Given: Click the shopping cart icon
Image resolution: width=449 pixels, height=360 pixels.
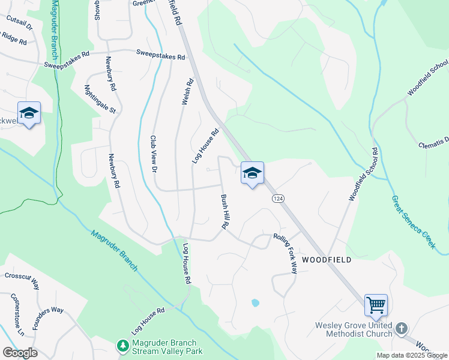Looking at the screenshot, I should (x=376, y=305).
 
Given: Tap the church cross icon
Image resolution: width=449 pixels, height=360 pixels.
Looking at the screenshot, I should (x=402, y=329).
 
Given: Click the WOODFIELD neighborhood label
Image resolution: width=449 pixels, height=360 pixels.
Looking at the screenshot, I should (x=325, y=260).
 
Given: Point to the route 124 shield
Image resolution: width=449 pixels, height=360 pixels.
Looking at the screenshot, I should (x=277, y=199).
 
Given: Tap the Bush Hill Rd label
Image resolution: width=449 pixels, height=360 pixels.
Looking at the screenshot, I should (x=225, y=212).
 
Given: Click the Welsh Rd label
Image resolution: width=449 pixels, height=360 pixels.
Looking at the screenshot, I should (x=187, y=92).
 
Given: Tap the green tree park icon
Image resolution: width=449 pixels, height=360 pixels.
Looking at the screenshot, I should (x=122, y=346).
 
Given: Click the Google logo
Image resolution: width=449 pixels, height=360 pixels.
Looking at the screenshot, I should (x=20, y=353).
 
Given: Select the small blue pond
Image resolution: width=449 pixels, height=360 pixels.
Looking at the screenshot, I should (x=255, y=303).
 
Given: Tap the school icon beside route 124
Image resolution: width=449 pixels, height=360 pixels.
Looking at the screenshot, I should (x=253, y=173).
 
